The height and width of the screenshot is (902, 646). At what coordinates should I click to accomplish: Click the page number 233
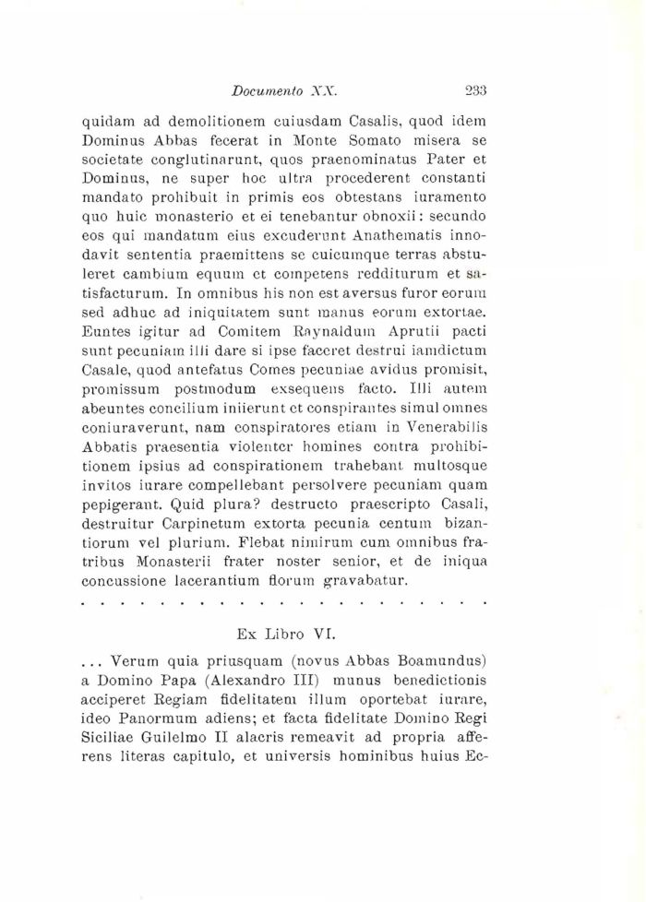[x=476, y=90]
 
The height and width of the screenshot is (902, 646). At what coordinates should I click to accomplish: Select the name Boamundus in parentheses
[x=438, y=661]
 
